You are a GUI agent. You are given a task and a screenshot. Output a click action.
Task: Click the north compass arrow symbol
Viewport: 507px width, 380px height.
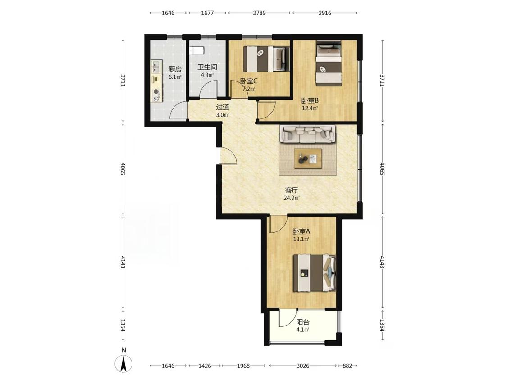(x=123, y=363)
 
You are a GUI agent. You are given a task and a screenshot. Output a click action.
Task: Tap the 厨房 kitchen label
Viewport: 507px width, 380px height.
(x=175, y=69)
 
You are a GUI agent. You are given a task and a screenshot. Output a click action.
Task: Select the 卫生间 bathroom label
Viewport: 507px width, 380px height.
(x=207, y=68)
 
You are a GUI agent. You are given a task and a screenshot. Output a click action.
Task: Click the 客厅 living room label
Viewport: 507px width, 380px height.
(x=291, y=190)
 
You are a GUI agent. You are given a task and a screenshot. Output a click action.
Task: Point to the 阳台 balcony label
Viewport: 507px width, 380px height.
(x=303, y=322)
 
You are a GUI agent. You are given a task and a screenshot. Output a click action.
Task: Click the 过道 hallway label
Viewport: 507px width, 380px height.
(x=223, y=107)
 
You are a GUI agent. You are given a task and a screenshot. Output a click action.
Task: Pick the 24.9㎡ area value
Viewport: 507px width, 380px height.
(x=291, y=198)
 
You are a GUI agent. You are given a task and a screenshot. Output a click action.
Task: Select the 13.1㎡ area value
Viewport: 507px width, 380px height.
(x=301, y=240)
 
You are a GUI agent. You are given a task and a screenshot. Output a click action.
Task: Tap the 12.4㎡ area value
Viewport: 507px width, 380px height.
(x=310, y=108)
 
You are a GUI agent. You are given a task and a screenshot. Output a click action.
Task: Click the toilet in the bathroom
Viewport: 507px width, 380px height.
(x=196, y=50)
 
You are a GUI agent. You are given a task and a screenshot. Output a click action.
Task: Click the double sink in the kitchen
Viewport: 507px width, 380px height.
(x=157, y=67)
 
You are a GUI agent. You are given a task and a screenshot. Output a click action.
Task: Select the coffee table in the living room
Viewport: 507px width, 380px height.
(x=308, y=158)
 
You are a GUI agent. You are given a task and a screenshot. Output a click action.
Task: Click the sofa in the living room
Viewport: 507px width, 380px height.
(x=307, y=134)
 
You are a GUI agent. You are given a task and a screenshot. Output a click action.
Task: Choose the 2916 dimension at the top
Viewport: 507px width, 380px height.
(x=324, y=13)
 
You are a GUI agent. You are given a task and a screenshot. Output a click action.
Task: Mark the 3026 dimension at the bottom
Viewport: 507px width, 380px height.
(x=303, y=366)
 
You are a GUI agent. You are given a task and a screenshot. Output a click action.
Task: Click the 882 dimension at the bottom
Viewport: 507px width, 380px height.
(x=347, y=366)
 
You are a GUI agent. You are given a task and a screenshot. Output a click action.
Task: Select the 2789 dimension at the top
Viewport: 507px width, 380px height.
(x=259, y=13)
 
